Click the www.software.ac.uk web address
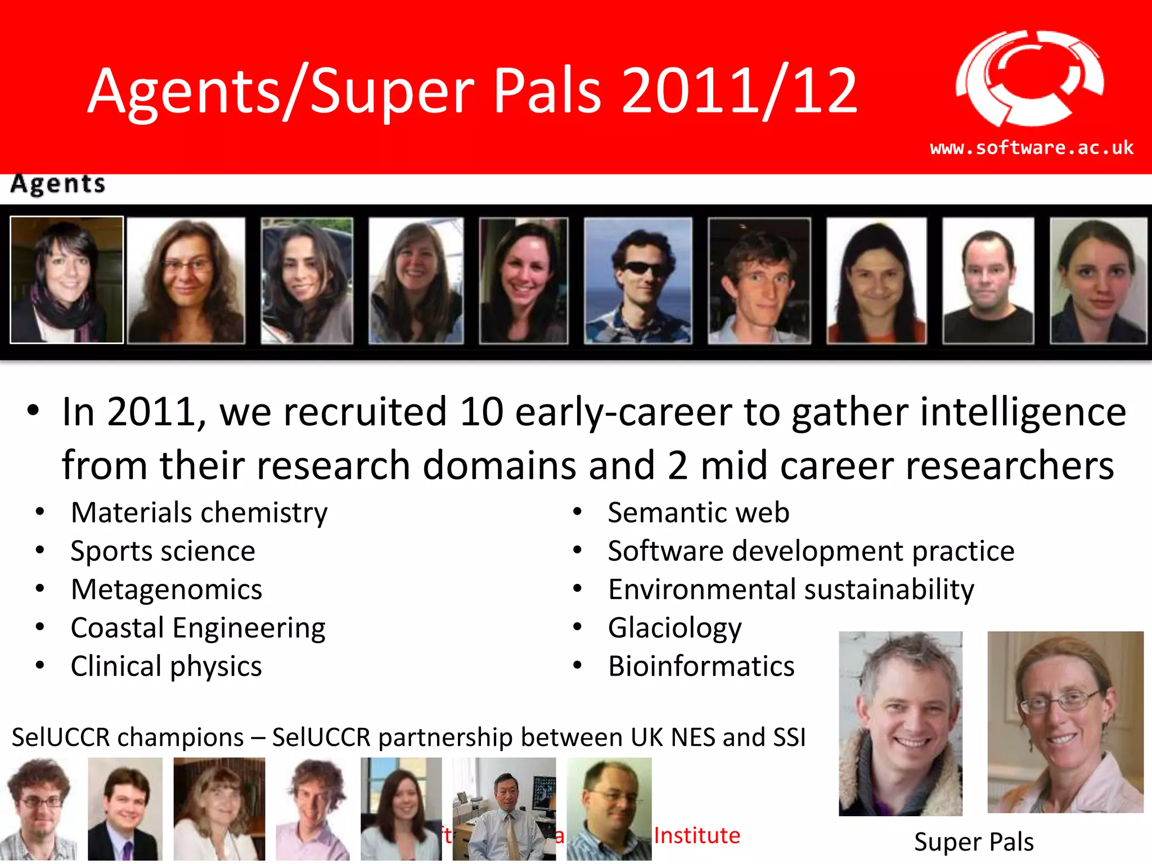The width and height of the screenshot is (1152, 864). pos(1031,148)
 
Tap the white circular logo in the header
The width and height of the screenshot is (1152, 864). pos(1029,78)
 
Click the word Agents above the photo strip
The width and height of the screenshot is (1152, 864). pos(58,184)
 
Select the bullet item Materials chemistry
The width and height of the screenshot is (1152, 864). pos(199,513)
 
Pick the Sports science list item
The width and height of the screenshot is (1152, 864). pos(163,551)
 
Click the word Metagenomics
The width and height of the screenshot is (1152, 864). pos(166,589)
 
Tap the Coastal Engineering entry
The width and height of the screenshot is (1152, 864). pos(198,628)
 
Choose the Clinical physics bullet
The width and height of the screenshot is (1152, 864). pos(166,667)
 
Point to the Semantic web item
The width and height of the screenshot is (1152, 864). pos(699,513)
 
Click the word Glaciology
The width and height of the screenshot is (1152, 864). pos(674,628)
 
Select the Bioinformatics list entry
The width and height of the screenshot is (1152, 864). pos(701,667)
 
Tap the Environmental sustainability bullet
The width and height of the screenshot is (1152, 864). pos(791,589)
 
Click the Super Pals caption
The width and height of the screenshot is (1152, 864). pos(974,842)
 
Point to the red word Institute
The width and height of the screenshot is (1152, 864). pos(697,835)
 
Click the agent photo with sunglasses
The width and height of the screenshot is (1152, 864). pos(638,280)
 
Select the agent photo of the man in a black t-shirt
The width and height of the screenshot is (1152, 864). pos(988,280)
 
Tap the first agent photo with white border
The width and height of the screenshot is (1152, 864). pos(67,280)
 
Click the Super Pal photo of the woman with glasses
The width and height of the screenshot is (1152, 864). pos(1065,722)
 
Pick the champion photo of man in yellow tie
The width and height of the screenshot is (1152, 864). pos(504,808)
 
